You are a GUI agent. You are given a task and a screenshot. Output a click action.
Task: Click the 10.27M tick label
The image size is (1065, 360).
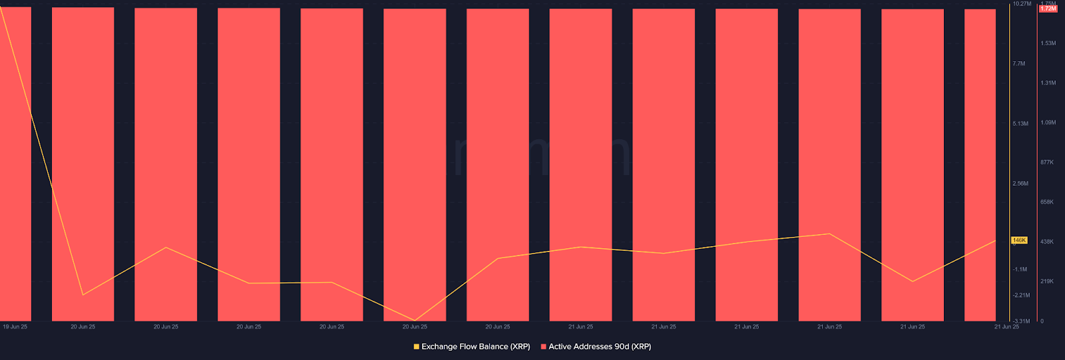1022,4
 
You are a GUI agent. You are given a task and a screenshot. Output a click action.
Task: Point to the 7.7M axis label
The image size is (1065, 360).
1018,64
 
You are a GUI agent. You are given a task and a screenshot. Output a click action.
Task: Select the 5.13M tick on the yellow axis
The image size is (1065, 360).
1020,124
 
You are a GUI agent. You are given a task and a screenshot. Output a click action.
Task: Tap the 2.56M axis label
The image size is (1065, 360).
1020,184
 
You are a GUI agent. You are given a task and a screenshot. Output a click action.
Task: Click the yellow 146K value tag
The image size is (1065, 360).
1019,240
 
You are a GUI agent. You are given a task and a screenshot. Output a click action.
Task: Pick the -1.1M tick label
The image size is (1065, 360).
1020,270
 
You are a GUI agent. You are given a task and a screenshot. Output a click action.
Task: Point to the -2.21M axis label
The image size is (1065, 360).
1021,295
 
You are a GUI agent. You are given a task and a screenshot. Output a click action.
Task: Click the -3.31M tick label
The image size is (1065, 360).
1021,321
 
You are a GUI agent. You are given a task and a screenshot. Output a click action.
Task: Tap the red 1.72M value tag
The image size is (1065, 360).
1048,9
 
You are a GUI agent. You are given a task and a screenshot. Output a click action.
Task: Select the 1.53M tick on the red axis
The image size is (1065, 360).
1048,43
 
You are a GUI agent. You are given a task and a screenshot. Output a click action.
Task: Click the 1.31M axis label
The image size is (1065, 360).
1048,83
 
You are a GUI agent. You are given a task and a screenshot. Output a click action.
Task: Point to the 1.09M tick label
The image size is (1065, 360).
1048,122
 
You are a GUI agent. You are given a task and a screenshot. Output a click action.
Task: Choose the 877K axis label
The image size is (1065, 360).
1047,162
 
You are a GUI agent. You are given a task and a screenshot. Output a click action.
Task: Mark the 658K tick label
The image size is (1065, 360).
1047,202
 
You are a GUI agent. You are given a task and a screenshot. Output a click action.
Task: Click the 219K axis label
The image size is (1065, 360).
1047,281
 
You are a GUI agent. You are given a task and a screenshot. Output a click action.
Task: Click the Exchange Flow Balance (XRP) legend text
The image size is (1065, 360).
475,347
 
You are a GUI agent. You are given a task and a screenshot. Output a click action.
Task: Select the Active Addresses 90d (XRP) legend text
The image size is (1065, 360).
600,347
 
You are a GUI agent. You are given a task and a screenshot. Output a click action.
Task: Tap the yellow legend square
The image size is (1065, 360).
417,347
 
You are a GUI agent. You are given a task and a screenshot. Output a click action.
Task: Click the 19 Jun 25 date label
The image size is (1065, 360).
15,327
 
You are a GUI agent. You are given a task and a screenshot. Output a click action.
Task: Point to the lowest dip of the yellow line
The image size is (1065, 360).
415,321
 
